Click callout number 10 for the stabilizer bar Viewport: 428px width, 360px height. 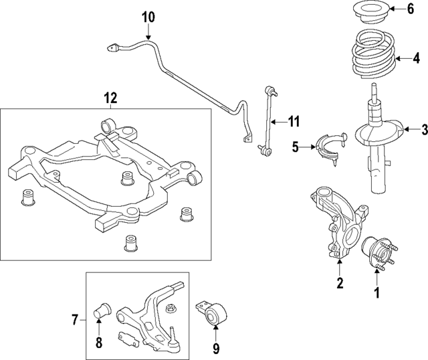pyautogui.click(x=148, y=15)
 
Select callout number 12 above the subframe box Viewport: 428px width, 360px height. pyautogui.click(x=110, y=98)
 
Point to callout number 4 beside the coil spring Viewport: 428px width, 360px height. pyautogui.click(x=415, y=58)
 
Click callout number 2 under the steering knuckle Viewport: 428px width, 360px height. pyautogui.click(x=340, y=283)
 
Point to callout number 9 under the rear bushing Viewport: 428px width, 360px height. pyautogui.click(x=215, y=347)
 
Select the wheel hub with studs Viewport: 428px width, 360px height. pyautogui.click(x=376, y=255)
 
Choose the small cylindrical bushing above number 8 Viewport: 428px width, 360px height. pyautogui.click(x=103, y=308)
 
